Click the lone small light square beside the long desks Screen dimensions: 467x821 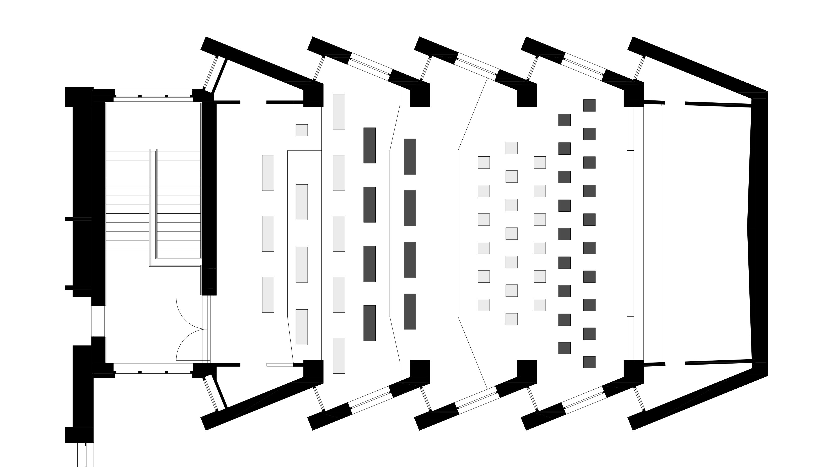point(302,130)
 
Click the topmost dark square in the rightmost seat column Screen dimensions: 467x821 point(589,105)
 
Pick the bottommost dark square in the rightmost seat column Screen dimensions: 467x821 point(589,362)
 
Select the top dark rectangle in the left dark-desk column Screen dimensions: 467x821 point(369,145)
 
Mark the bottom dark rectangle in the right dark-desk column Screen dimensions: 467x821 point(410,311)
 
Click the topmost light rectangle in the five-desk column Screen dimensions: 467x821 point(339,112)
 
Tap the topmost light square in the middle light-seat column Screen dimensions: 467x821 point(512,148)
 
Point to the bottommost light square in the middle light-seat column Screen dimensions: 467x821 point(512,319)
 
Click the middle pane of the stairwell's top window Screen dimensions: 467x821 point(153,96)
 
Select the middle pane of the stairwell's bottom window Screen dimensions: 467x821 point(153,372)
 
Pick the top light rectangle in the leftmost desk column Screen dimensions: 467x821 point(268,173)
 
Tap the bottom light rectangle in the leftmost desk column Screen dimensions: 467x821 point(268,295)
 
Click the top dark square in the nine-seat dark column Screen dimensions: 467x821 point(564,120)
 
